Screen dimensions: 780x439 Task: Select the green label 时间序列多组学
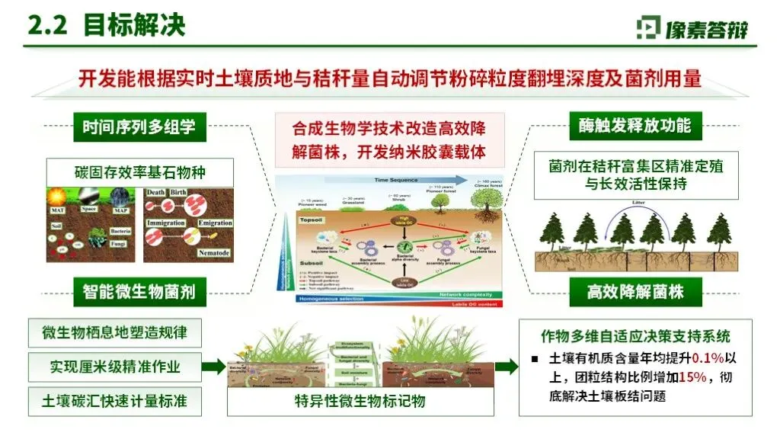pos(139,127)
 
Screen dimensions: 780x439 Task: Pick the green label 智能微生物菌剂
pos(139,290)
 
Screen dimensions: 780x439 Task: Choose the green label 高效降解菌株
pos(635,290)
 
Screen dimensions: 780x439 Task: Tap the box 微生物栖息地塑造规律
pos(115,333)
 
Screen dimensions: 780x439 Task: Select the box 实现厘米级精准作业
pos(115,367)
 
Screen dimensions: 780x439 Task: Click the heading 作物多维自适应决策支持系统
pos(635,336)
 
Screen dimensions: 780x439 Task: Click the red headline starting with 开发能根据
pos(389,79)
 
